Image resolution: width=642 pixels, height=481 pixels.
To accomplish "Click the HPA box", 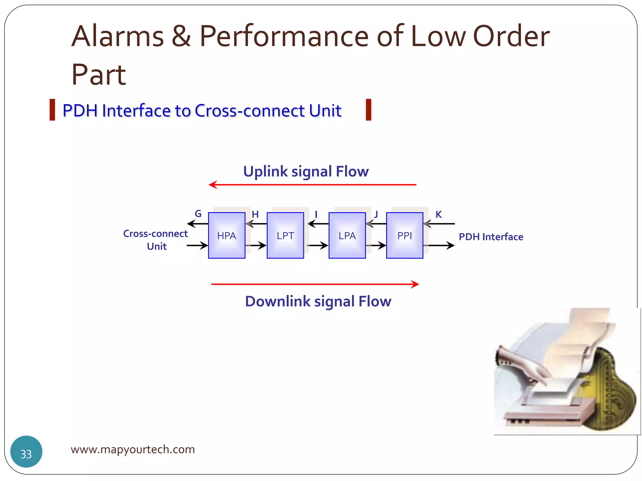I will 226,235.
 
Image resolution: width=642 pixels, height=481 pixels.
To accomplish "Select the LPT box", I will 285,235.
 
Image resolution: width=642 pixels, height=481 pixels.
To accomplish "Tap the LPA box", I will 347,235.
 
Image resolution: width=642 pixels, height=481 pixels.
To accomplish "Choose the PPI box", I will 404,235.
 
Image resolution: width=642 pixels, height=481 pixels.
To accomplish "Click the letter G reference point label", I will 198,214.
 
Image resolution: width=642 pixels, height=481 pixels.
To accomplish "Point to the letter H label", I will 255,215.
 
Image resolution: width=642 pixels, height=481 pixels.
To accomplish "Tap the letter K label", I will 439,215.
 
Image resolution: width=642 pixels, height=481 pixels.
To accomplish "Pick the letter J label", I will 376,215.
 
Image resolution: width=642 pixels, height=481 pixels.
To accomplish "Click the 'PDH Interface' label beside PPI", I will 491,237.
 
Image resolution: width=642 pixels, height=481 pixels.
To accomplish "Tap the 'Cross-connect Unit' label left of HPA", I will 156,240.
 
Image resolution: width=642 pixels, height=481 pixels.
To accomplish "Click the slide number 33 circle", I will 26,451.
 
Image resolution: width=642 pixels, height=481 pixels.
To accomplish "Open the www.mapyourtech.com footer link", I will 133,449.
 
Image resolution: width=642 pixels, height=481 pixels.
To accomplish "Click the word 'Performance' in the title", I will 284,36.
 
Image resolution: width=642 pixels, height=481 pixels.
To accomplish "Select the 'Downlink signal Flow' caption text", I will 318,301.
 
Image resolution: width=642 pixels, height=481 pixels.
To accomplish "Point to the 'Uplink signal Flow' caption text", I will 306,172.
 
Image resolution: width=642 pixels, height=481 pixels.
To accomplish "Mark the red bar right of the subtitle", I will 368,110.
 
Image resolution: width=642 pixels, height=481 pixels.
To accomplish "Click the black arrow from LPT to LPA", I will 317,245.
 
